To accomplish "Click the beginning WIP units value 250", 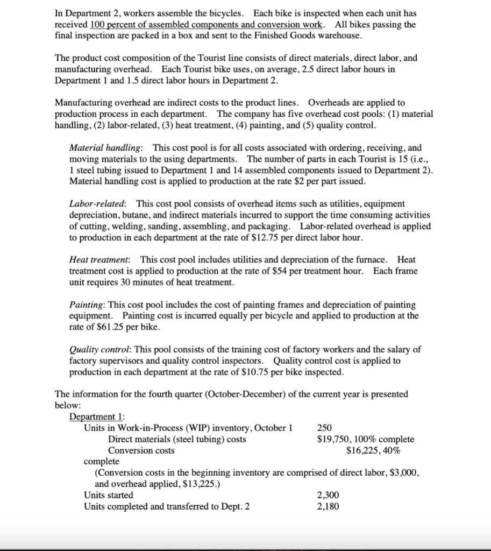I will coord(324,428).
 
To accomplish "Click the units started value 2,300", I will coord(328,495).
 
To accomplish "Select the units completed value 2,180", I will coord(328,506).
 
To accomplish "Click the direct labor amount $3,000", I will coord(401,472).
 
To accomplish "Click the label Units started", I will coord(109,495).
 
